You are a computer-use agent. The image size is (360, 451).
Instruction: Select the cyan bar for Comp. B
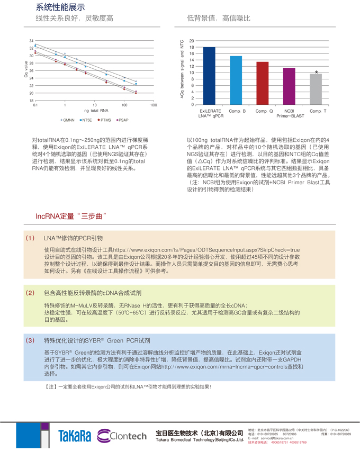pos(236,80)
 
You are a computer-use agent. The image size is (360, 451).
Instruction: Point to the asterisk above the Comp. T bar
pos(317,73)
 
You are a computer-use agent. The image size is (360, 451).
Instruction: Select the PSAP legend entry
pos(121,120)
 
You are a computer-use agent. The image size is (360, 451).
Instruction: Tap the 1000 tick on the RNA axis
pos(154,105)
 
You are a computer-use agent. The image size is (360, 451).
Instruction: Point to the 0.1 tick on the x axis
pos(35,105)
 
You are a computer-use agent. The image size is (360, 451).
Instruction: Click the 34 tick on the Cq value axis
pos(31,41)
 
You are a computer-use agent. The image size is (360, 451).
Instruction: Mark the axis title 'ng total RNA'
pos(96,111)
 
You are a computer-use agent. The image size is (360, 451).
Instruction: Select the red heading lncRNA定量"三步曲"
pos(71,216)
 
